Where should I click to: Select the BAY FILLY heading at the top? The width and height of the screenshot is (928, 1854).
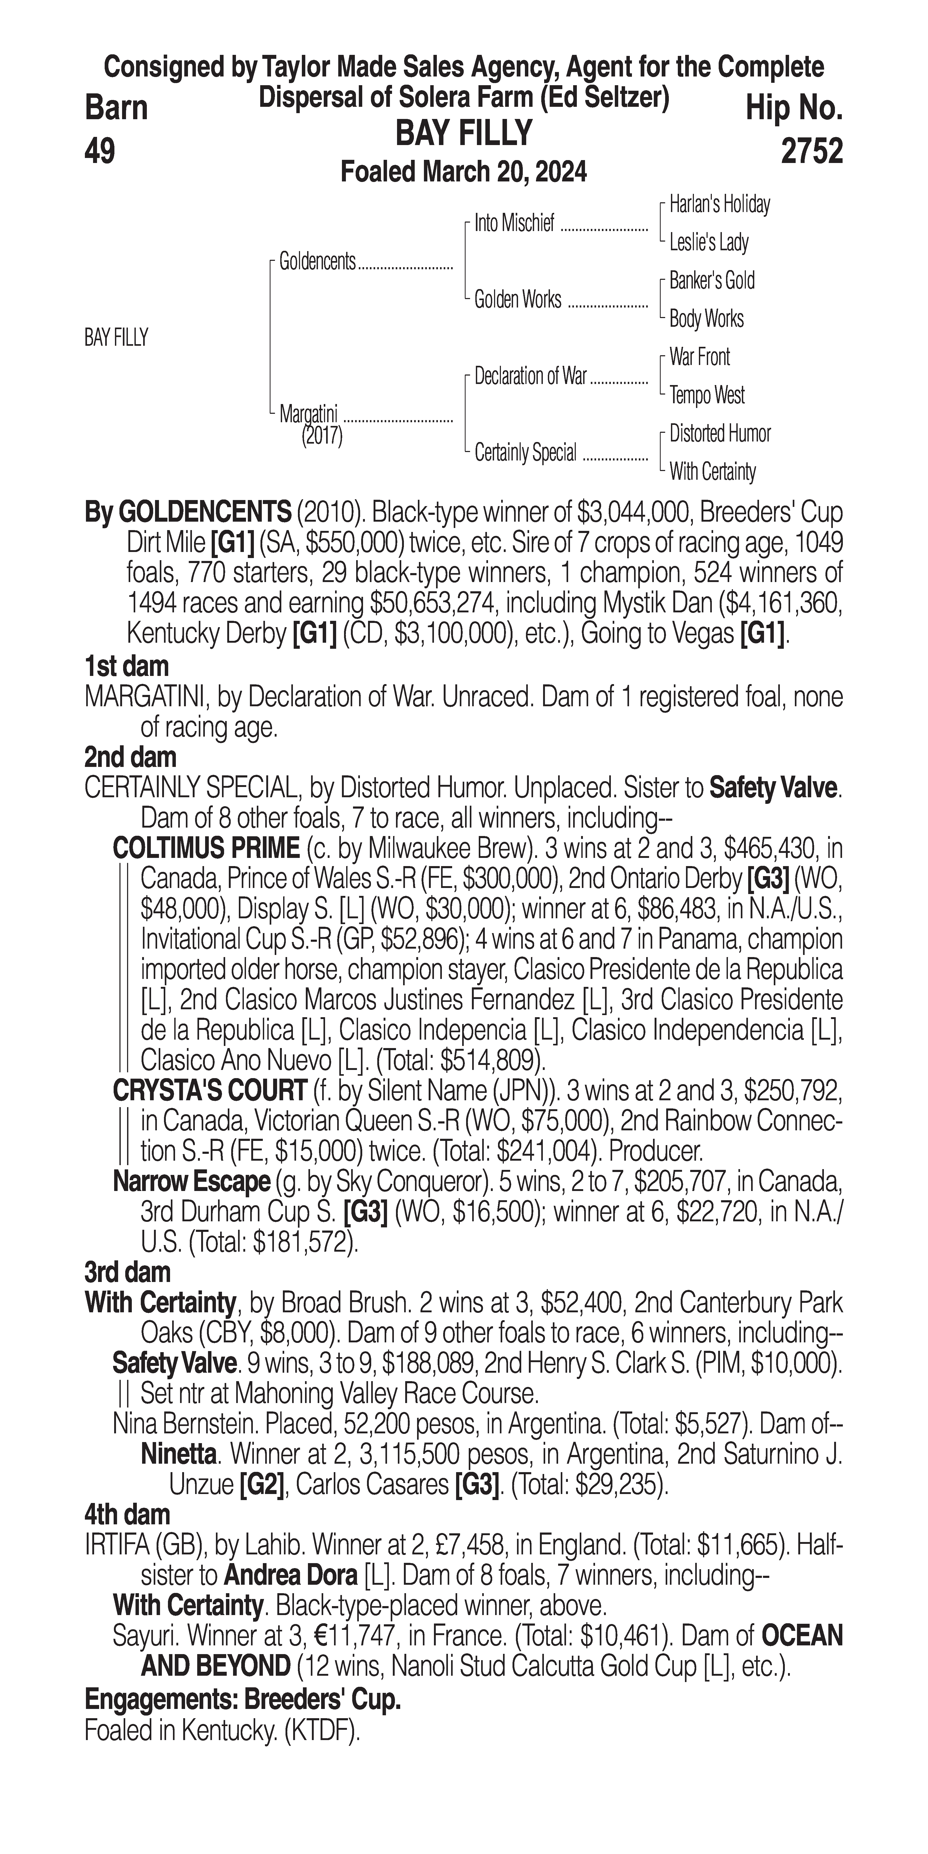pos(464,133)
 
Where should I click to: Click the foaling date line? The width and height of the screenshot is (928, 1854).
pos(464,172)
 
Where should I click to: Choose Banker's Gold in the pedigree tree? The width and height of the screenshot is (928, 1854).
pos(712,281)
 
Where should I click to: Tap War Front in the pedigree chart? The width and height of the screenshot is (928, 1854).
pos(699,357)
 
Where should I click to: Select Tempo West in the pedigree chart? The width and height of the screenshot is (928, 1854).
pos(707,395)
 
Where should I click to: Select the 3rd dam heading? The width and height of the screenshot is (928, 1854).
pos(127,1272)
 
